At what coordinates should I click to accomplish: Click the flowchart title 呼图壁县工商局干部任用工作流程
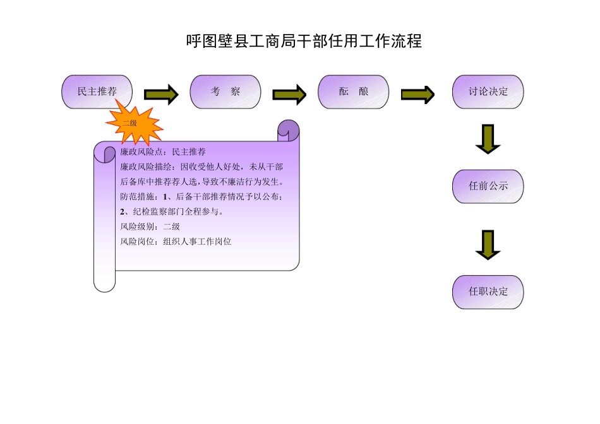[x=304, y=42]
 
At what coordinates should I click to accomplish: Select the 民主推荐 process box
[x=97, y=91]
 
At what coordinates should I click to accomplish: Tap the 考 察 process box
[x=225, y=91]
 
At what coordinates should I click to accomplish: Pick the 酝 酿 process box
[x=354, y=91]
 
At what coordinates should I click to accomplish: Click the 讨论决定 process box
[x=488, y=91]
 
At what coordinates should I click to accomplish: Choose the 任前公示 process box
[x=488, y=186]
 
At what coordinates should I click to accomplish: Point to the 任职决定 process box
[x=488, y=291]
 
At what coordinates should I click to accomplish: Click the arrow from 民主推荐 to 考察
[x=161, y=95]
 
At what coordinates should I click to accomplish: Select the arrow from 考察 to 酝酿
[x=289, y=95]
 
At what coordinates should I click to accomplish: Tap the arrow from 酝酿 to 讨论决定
[x=417, y=95]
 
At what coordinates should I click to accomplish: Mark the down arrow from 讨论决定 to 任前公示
[x=488, y=139]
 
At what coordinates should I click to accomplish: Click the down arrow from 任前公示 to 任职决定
[x=488, y=245]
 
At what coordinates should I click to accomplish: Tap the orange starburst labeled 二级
[x=133, y=124]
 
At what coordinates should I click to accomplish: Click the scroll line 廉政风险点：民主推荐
[x=163, y=152]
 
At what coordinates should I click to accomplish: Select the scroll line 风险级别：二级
[x=150, y=227]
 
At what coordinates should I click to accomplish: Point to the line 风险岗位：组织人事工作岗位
[x=176, y=241]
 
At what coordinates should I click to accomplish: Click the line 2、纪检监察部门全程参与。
[x=171, y=211]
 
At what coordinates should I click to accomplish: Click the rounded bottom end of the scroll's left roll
[x=104, y=283]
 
